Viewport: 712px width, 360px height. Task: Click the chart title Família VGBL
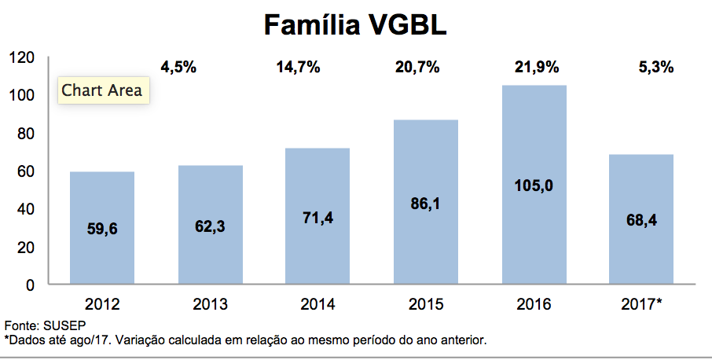[x=355, y=25]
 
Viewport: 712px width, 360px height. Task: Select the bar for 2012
[x=102, y=228]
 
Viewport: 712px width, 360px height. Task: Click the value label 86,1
[x=426, y=203]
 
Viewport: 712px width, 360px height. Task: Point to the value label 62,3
[x=211, y=226]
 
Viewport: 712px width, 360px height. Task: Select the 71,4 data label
[x=318, y=218]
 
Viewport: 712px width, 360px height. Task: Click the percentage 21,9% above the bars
[x=534, y=68]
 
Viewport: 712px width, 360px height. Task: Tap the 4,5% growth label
[x=178, y=68]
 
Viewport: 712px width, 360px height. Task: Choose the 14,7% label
[x=298, y=68]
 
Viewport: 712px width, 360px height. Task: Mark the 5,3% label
[x=656, y=68]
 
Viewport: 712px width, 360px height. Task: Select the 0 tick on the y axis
[x=30, y=285]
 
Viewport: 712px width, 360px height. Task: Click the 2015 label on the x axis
[x=426, y=305]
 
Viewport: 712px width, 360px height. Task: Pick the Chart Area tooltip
[x=102, y=90]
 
